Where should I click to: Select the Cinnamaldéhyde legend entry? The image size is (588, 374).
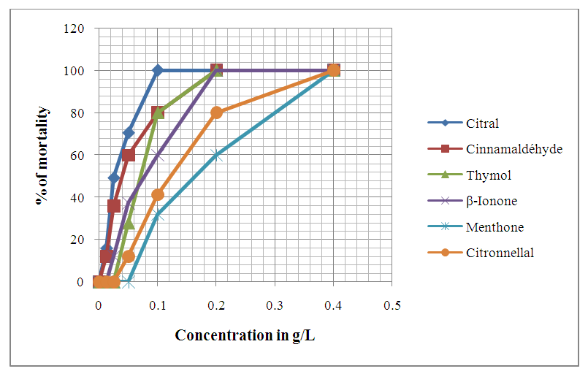503,148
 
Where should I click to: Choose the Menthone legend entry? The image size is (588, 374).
495,227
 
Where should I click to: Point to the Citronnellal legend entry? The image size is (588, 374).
500,253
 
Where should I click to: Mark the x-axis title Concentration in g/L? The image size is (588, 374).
245,335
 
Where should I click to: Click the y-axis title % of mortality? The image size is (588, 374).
43,155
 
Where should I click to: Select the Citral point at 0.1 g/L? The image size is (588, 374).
158,71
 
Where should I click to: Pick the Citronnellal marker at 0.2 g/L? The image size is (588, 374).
216,112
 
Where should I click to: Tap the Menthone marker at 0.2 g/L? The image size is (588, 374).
216,155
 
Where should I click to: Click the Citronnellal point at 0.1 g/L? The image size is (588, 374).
158,195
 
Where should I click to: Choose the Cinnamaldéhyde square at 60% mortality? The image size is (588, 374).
129,155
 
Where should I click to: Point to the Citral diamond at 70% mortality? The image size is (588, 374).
129,134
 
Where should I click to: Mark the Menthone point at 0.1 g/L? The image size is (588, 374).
158,215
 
